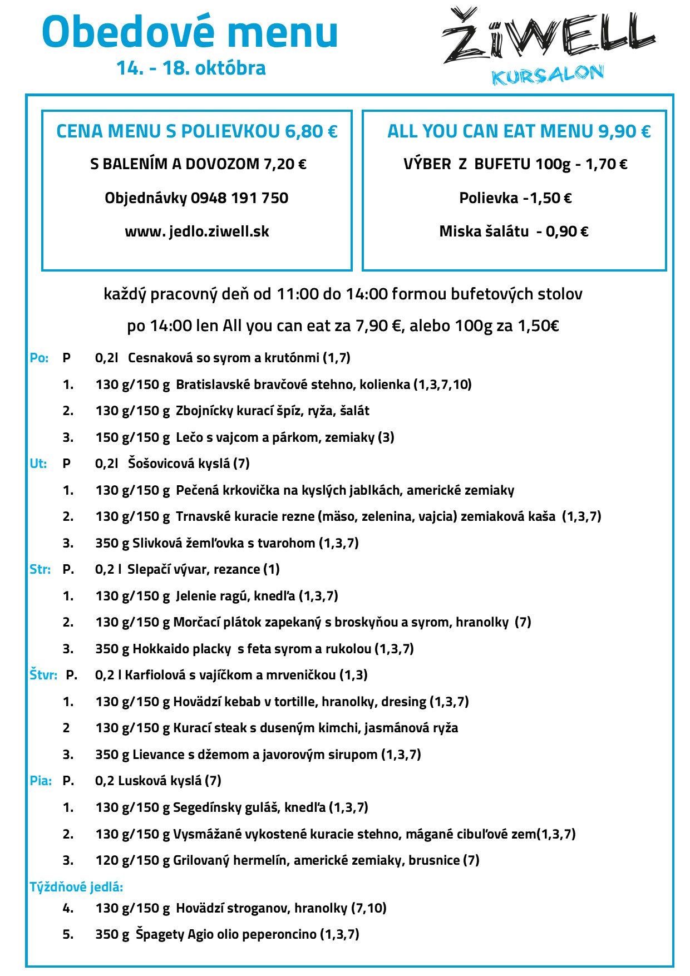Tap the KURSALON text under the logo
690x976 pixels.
pyautogui.click(x=548, y=75)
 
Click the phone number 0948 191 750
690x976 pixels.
pyautogui.click(x=239, y=198)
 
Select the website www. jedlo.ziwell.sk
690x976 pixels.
pyautogui.click(x=197, y=231)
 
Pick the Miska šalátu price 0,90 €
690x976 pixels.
pyautogui.click(x=567, y=231)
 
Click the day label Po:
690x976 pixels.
pyautogui.click(x=39, y=358)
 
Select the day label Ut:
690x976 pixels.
pyautogui.click(x=38, y=464)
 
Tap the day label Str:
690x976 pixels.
pyautogui.click(x=40, y=569)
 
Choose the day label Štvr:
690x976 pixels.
pyautogui.click(x=43, y=675)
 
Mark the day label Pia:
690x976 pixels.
pyautogui.click(x=41, y=781)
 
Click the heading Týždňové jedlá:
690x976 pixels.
pyautogui.click(x=76, y=887)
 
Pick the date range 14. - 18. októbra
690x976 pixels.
pyautogui.click(x=191, y=68)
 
